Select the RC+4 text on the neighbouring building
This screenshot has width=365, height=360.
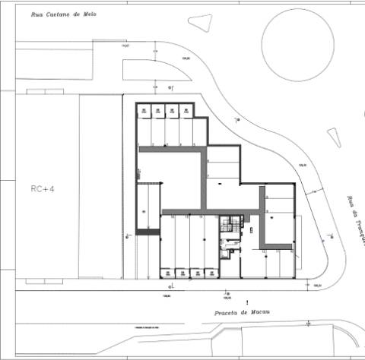coord(43,188)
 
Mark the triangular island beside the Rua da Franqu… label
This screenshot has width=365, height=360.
coord(335,137)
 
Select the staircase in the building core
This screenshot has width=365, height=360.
coord(226,226)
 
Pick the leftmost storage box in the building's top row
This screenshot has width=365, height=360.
coord(144,111)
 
